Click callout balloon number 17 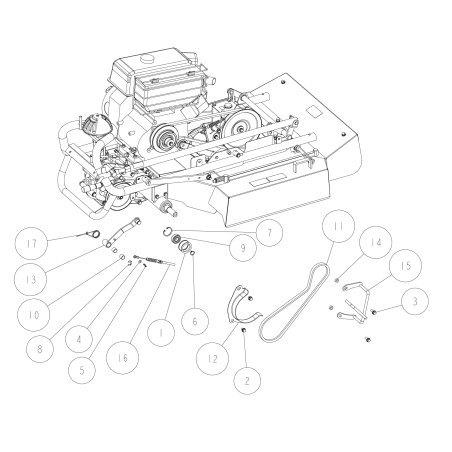click(x=31, y=243)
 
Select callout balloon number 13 click(x=31, y=279)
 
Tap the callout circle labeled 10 click(x=33, y=315)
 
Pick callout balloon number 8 click(x=40, y=349)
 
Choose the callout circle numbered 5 click(x=82, y=370)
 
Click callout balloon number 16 click(x=122, y=358)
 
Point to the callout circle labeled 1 click(x=161, y=333)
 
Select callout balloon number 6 click(x=195, y=321)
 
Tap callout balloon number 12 click(x=212, y=359)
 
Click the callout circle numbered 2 click(x=247, y=381)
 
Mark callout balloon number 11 click(x=338, y=226)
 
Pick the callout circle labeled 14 click(x=376, y=242)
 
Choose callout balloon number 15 click(x=406, y=266)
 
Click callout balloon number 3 click(x=415, y=301)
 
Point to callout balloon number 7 click(x=269, y=233)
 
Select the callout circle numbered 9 click(x=243, y=248)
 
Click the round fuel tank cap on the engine click(x=147, y=58)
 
